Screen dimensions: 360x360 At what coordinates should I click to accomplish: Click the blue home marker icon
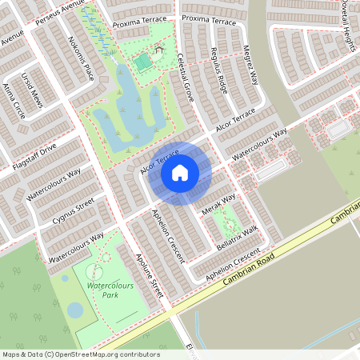coord(180,171)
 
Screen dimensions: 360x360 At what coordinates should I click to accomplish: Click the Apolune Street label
coord(150,276)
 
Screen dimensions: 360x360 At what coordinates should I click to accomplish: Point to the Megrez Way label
coord(251,64)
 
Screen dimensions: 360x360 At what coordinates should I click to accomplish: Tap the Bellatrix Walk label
coord(238,239)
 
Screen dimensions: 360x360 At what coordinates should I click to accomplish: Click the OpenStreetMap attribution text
coord(81,354)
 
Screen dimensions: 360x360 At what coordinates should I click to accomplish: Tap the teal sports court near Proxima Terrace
coord(142,62)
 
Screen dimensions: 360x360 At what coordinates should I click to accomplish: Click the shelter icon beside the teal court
coord(158,50)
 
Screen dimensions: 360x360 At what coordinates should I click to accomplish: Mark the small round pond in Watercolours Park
coord(74,310)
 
